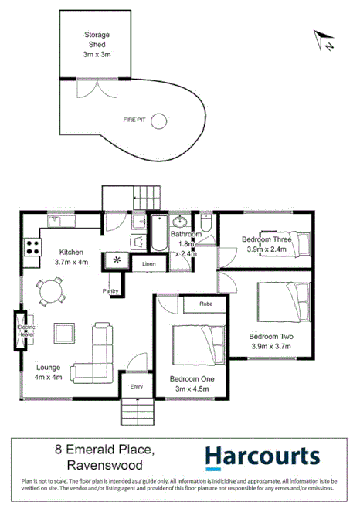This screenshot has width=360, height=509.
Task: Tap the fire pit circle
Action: point(158,120)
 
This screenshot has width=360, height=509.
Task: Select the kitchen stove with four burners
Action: point(33,247)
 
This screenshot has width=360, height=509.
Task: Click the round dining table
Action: point(52,293)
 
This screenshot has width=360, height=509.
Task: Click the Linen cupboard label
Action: point(148,264)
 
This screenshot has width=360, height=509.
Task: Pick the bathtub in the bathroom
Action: point(158,236)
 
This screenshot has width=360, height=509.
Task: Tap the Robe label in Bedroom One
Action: point(205,304)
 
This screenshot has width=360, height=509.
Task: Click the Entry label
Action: point(137,387)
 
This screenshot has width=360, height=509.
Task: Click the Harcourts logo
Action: point(262,457)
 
